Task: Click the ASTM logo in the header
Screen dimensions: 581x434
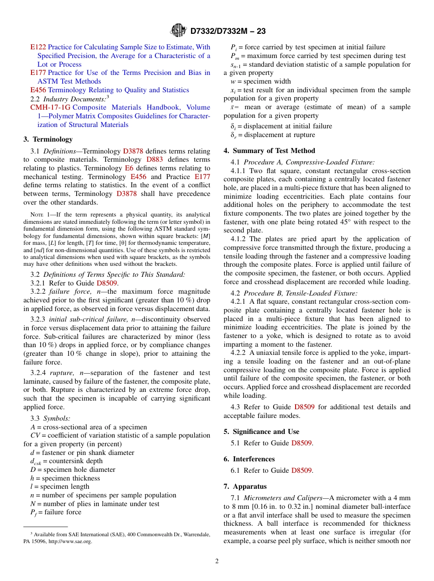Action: (178, 31)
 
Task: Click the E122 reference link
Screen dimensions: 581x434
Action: (38, 47)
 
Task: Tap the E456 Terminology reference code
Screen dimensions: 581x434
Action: (38, 90)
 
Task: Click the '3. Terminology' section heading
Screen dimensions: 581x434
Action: (48, 139)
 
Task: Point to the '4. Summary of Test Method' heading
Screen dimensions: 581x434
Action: (269, 151)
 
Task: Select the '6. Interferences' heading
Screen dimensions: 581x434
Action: (249, 459)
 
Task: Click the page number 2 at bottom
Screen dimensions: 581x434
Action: (217, 561)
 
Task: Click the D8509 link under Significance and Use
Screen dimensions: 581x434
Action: (302, 443)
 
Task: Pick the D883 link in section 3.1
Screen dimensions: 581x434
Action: (154, 159)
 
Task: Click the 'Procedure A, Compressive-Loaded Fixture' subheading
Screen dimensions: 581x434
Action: (309, 162)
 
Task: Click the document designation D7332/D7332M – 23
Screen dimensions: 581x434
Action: (228, 31)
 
